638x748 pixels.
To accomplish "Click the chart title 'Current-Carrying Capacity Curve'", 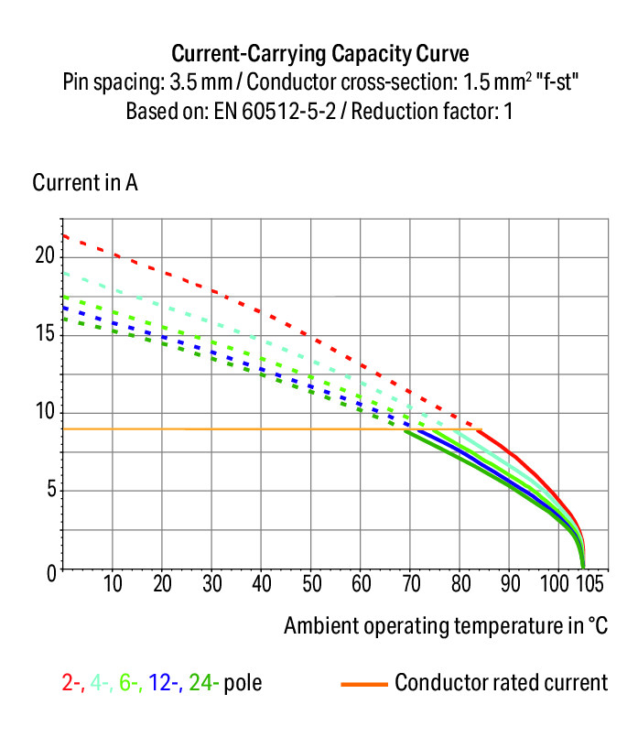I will (x=319, y=51).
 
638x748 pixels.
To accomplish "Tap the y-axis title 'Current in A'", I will (x=85, y=182).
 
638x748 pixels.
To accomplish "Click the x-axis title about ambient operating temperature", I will (x=446, y=626).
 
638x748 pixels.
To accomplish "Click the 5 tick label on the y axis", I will (x=50, y=491).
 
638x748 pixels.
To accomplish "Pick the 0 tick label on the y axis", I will (x=50, y=571).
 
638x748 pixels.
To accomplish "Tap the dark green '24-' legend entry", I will (x=203, y=683).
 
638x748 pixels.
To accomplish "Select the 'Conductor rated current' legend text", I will (x=501, y=683).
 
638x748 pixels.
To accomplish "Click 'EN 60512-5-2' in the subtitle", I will (x=291, y=113).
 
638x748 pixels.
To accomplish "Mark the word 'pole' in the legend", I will (x=243, y=683).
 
